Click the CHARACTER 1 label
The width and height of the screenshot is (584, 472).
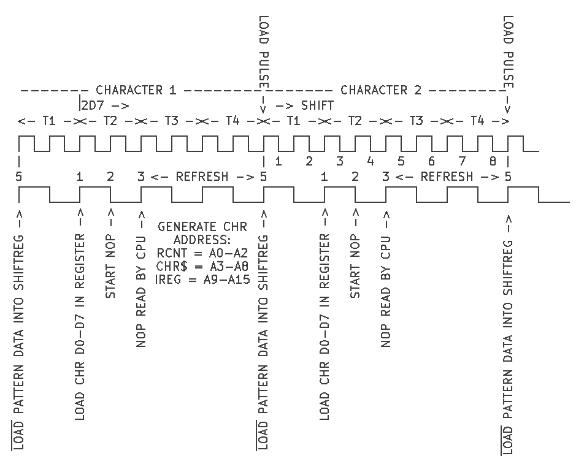136,91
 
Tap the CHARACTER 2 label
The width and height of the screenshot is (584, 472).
382,91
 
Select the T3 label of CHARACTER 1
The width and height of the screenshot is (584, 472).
171,121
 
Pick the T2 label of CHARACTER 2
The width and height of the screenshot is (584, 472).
355,121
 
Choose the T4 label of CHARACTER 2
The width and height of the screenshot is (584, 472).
477,121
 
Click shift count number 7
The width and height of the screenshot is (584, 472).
462,162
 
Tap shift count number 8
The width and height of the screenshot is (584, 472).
493,162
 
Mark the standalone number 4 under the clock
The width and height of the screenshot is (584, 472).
370,162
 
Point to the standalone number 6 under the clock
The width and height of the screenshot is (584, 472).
431,162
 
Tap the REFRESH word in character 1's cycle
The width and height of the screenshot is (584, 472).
202,177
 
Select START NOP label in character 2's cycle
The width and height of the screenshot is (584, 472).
355,267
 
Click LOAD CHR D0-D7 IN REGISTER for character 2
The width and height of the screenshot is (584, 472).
325,327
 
